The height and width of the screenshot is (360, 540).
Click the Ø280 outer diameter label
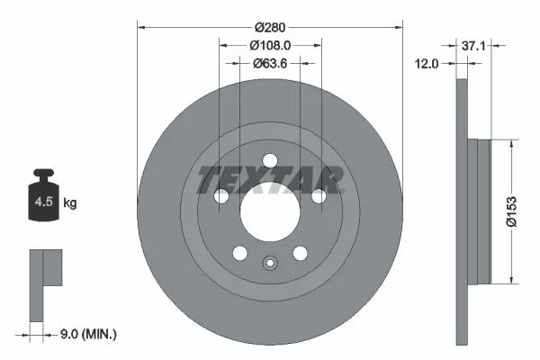pos(270,27)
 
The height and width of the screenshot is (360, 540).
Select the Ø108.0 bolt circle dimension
pos(270,45)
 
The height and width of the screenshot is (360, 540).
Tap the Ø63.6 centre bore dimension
pos(270,63)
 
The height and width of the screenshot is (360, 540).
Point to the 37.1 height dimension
pos(473,46)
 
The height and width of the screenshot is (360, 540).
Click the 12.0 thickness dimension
pos(427,64)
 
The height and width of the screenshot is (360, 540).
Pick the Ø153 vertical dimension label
pos(512,211)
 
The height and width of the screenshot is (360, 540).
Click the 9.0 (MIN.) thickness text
pos(88,334)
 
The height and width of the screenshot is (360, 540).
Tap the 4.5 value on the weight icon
pos(44,202)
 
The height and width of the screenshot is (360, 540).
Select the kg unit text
pos(70,203)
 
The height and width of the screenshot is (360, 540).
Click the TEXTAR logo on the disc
pos(270,179)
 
